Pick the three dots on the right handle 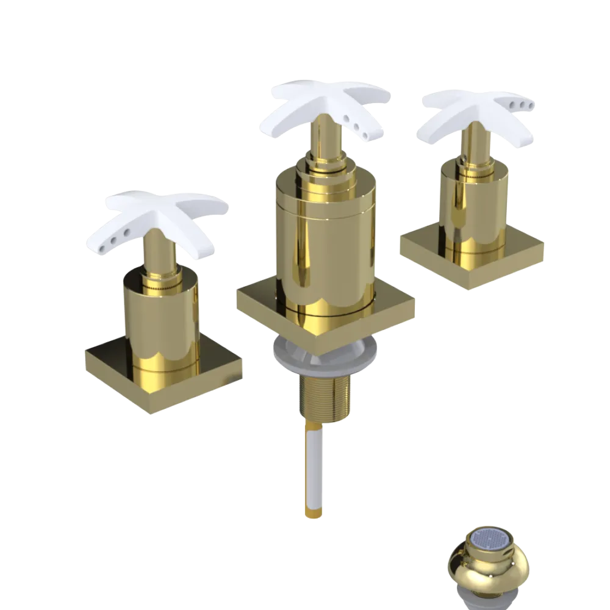point(523,107)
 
